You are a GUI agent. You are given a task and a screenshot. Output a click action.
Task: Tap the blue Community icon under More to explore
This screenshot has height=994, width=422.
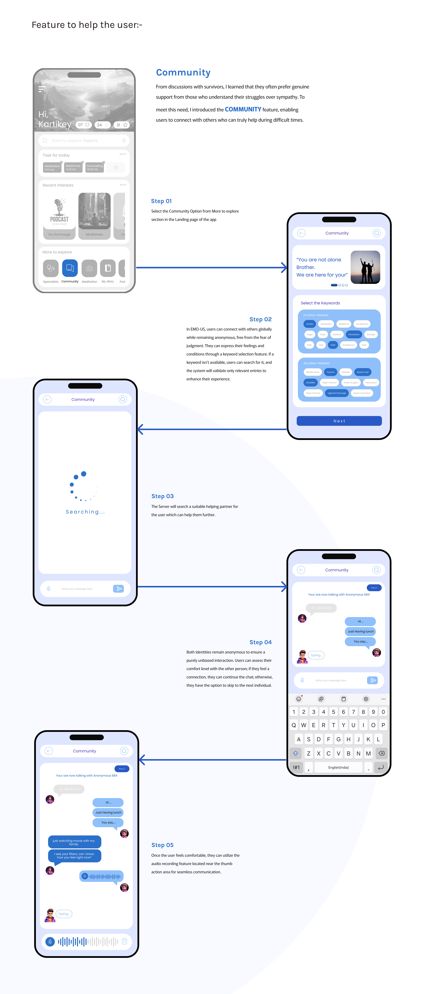pyautogui.click(x=70, y=268)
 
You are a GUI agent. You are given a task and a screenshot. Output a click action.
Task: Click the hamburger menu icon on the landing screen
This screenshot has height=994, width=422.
pyautogui.click(x=42, y=89)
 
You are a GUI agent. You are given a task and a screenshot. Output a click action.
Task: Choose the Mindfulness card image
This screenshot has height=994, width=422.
pyautogui.click(x=95, y=211)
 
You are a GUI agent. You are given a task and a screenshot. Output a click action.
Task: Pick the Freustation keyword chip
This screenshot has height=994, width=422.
pyautogui.click(x=354, y=335)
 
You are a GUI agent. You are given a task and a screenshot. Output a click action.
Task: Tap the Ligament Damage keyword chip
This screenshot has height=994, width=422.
pyautogui.click(x=337, y=393)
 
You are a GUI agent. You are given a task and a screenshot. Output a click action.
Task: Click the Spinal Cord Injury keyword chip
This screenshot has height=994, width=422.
pyautogui.click(x=362, y=393)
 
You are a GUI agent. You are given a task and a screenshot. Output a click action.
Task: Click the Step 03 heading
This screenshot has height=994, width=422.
pyautogui.click(x=162, y=496)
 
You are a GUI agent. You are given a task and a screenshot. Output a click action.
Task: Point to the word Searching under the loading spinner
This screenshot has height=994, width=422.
pyautogui.click(x=85, y=512)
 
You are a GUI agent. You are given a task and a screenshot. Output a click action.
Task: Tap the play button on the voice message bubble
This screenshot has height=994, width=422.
pyautogui.click(x=85, y=876)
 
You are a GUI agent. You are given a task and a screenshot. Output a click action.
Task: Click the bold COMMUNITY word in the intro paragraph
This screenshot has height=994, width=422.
pyautogui.click(x=243, y=110)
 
